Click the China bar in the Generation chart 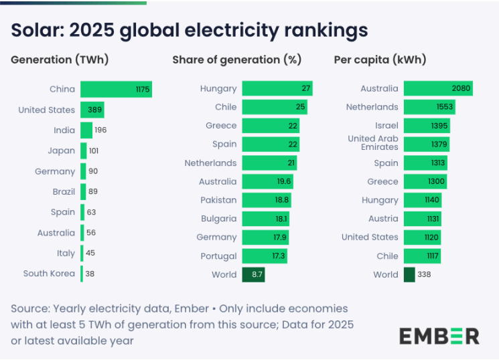116,89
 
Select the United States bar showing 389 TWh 92,110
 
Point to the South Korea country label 49,273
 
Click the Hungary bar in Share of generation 277,88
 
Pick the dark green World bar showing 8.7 253,274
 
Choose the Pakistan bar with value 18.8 267,200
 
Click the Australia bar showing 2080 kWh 438,88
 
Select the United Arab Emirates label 373,143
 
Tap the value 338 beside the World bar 425,274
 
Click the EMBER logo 439,335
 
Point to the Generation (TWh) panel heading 60,60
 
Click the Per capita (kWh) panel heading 380,60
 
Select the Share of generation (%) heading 236,60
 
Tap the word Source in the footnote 29,308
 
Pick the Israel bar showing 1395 427,126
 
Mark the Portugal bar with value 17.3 265,256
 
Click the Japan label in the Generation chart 62,151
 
